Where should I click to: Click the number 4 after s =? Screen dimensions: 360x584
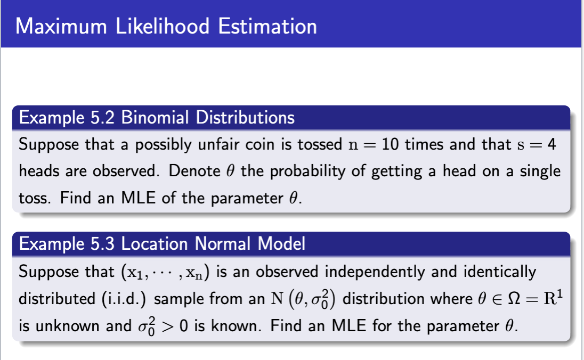pos(551,144)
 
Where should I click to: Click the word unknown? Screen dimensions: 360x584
pos(68,326)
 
